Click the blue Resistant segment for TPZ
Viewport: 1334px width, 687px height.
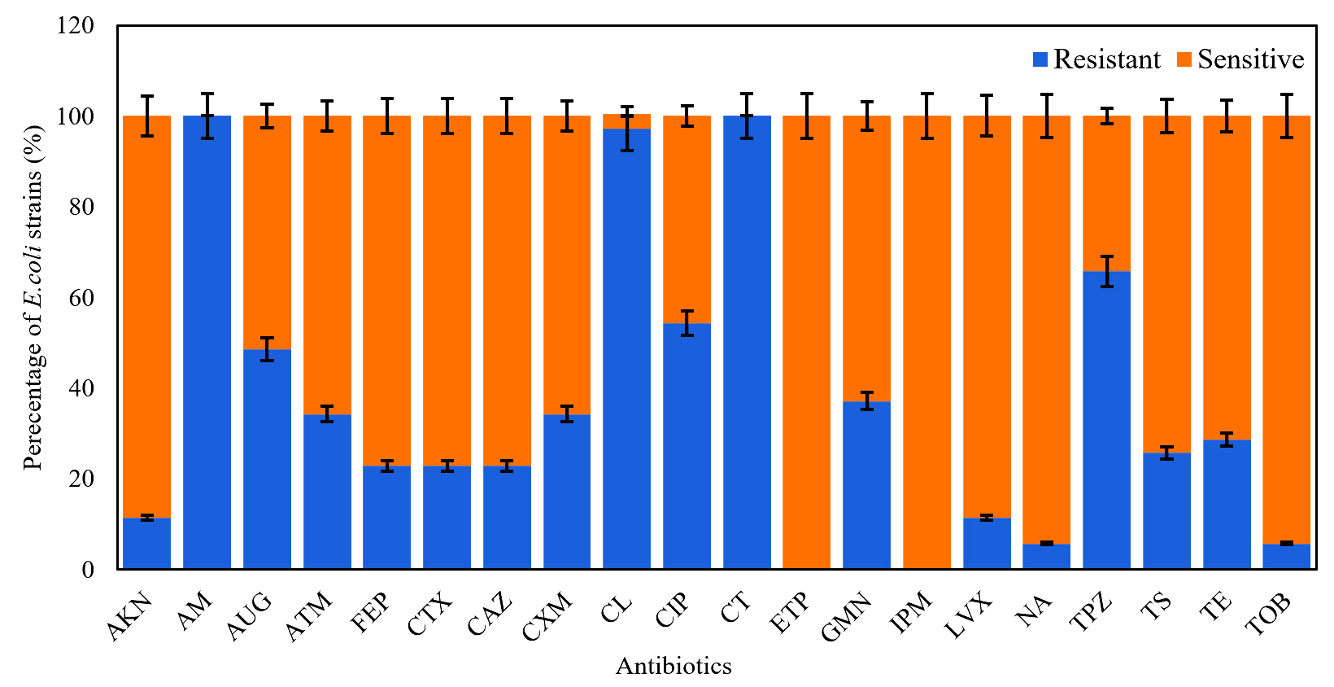click(1106, 420)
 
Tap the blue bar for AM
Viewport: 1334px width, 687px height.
click(207, 342)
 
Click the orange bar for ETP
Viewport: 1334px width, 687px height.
click(806, 342)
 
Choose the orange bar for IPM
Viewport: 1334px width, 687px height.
click(926, 342)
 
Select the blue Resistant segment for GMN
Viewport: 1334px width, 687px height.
click(866, 485)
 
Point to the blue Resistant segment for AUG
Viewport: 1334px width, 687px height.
click(267, 459)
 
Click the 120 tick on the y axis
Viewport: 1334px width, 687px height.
click(75, 26)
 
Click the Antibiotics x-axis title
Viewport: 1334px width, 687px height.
click(674, 667)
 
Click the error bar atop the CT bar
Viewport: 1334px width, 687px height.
click(747, 116)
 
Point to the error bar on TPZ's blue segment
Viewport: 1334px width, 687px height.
click(1106, 271)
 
